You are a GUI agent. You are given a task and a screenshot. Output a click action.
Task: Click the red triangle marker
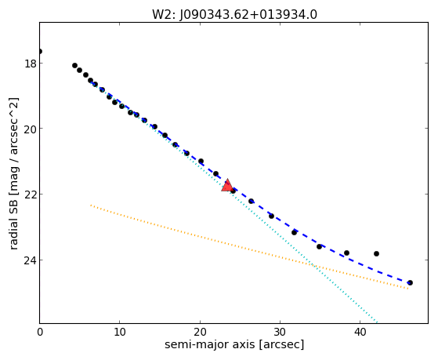pyautogui.click(x=227, y=185)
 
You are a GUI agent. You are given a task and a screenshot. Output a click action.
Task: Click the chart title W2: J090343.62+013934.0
pyautogui.click(x=234, y=15)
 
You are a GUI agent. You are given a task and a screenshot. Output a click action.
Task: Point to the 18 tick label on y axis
pyautogui.click(x=31, y=64)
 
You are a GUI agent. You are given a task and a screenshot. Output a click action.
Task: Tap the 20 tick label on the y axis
pyautogui.click(x=31, y=129)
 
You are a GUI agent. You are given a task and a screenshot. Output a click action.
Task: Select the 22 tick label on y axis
pyautogui.click(x=31, y=195)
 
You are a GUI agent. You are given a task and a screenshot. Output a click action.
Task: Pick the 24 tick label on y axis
pyautogui.click(x=31, y=260)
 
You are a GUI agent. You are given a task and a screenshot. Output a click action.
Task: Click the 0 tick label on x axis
pyautogui.click(x=40, y=332)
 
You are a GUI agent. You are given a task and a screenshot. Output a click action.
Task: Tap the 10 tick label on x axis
pyautogui.click(x=120, y=332)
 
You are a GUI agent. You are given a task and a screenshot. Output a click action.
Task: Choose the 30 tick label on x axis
pyautogui.click(x=280, y=332)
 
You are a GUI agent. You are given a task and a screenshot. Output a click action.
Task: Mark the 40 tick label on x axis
pyautogui.click(x=360, y=332)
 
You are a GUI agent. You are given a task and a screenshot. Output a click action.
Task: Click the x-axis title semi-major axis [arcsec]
pyautogui.click(x=234, y=344)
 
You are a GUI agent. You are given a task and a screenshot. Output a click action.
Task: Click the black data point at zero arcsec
pyautogui.click(x=40, y=51)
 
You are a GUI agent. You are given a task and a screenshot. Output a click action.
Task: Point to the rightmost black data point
pyautogui.click(x=410, y=283)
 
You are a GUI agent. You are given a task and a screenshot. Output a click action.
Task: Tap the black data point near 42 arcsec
pyautogui.click(x=376, y=253)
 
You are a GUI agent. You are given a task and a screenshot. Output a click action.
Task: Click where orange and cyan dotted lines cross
pyautogui.click(x=314, y=265)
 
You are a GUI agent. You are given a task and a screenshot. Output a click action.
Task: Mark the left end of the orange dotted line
pyautogui.click(x=91, y=205)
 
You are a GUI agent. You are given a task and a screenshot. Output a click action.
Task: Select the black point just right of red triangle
pyautogui.click(x=233, y=191)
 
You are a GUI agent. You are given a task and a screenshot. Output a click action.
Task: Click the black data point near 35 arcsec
pyautogui.click(x=319, y=246)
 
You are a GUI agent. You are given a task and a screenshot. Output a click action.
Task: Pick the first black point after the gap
pyautogui.click(x=74, y=65)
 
